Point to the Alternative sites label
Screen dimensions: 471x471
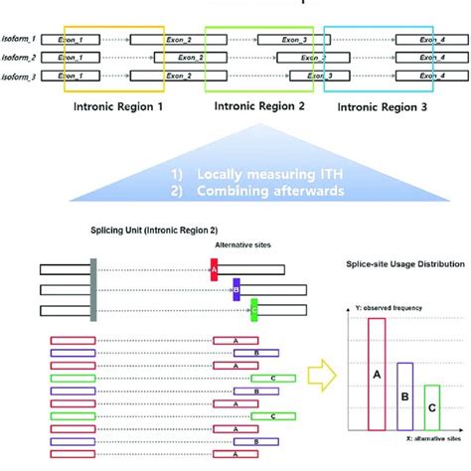[241, 244]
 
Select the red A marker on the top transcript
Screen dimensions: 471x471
[215, 269]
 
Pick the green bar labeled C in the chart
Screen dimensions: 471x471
[430, 407]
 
